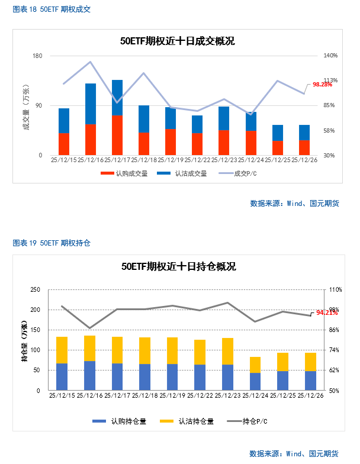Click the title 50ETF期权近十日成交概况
(x=178, y=41)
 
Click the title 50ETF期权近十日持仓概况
(x=178, y=266)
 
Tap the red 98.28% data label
(x=322, y=85)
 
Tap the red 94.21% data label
(x=327, y=312)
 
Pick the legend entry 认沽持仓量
(x=189, y=421)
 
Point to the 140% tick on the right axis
(x=330, y=56)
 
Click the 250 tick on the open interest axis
(x=36, y=290)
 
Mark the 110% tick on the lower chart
(x=335, y=290)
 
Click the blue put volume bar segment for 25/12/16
(x=91, y=104)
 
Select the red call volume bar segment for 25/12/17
(x=117, y=135)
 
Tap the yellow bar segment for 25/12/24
(x=255, y=365)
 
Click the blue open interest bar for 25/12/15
(x=62, y=377)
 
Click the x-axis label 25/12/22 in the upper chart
(x=197, y=160)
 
